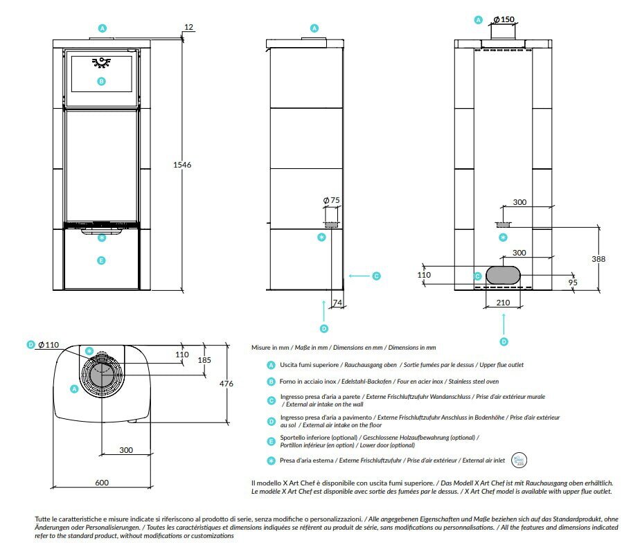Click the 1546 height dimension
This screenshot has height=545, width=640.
point(181,165)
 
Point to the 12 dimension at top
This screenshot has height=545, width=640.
point(188,27)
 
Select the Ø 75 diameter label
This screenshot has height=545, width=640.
point(332,200)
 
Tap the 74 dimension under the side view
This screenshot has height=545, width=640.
point(337,303)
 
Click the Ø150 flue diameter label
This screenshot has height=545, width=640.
point(503,19)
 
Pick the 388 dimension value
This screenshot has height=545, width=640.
point(598,259)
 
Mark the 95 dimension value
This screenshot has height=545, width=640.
point(573,283)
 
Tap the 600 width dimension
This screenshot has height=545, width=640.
point(102,483)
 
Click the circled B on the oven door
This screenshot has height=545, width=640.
point(101,81)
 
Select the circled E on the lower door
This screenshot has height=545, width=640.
point(101,260)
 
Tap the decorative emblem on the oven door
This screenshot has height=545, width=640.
point(101,62)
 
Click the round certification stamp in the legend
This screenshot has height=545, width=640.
point(518,460)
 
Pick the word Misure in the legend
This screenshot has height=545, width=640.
point(260,347)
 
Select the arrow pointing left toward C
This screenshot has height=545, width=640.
point(358,276)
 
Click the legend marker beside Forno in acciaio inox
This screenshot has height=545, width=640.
point(271,382)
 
